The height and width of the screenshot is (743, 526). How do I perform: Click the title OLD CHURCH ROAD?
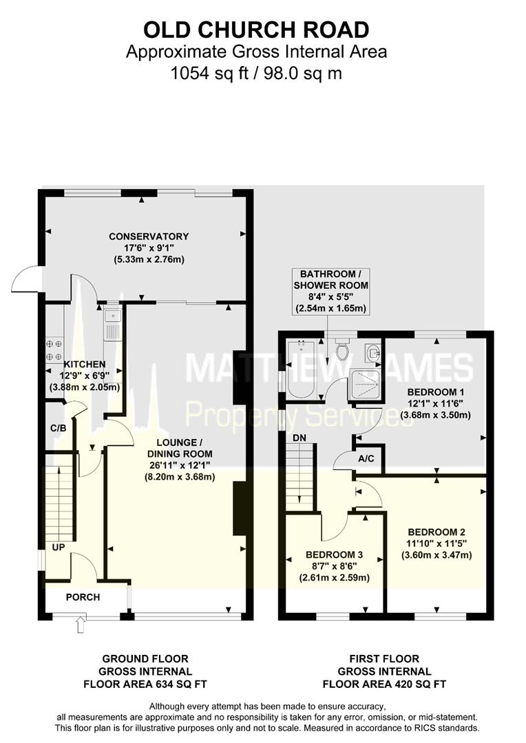tap(256, 30)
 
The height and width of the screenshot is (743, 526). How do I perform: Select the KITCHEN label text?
tap(85, 364)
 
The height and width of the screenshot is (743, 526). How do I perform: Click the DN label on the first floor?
tap(299, 438)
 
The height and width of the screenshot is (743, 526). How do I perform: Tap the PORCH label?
tap(83, 597)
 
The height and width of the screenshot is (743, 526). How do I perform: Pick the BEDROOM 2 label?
tap(436, 532)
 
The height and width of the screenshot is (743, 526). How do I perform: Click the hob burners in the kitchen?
tap(54, 349)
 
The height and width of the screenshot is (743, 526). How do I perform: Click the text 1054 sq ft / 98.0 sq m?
tap(256, 73)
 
